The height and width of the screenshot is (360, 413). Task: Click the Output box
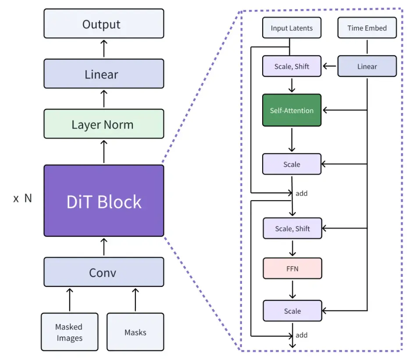click(104, 23)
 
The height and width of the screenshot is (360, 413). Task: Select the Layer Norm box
click(104, 124)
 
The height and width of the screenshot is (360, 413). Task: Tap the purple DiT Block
click(104, 201)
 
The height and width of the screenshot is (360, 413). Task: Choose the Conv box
click(104, 272)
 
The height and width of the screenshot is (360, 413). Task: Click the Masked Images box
click(70, 332)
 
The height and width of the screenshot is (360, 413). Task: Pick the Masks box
click(135, 332)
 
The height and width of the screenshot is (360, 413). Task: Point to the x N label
click(23, 198)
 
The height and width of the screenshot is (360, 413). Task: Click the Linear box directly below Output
click(104, 74)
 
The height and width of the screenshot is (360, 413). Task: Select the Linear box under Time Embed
click(367, 66)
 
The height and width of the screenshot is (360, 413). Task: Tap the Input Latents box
click(292, 28)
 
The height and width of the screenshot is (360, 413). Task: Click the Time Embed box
click(367, 28)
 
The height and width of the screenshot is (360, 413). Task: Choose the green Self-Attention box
click(292, 110)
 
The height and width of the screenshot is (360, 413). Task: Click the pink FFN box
click(292, 268)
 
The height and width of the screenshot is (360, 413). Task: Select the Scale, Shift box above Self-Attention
click(292, 66)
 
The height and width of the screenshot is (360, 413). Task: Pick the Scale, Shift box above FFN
click(292, 229)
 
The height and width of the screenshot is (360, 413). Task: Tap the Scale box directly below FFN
click(292, 311)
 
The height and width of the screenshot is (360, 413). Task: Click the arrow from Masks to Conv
click(135, 300)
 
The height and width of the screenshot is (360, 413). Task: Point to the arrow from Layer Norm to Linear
click(104, 99)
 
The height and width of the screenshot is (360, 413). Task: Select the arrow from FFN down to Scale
click(292, 289)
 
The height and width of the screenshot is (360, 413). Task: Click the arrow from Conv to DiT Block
click(104, 247)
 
